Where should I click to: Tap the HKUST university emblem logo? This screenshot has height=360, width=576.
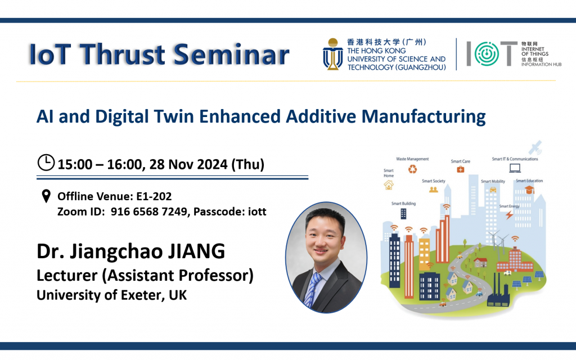click(333, 55)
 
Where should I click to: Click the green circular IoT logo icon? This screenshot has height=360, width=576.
click(482, 55)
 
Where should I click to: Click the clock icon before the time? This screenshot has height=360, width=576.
click(46, 163)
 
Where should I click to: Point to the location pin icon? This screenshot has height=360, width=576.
click(46, 197)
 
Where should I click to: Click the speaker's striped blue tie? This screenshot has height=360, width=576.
click(312, 289)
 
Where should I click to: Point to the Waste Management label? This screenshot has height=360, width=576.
click(412, 159)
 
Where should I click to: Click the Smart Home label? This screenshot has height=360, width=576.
click(388, 173)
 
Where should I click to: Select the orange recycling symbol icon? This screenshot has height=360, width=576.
click(413, 169)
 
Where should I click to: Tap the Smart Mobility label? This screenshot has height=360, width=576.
click(493, 182)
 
